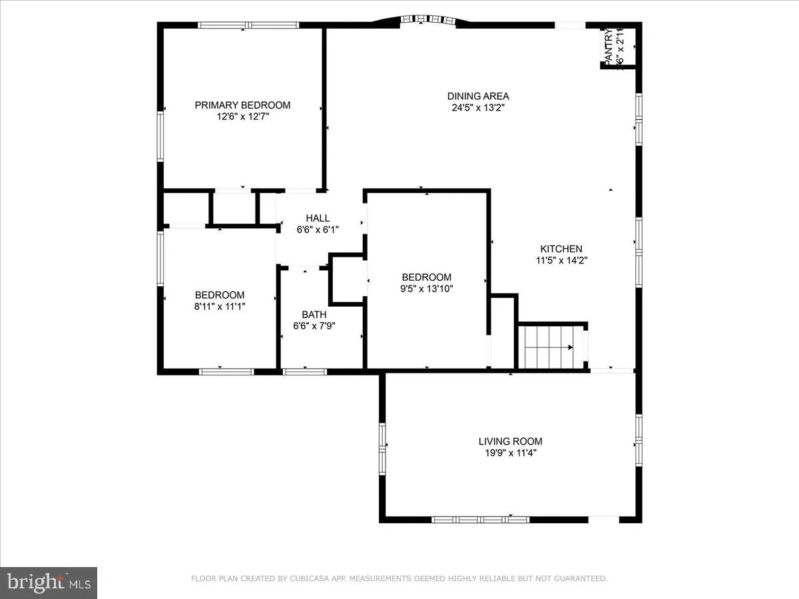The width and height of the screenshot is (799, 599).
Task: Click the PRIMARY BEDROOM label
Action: [242, 105]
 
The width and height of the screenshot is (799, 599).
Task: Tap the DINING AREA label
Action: [478, 96]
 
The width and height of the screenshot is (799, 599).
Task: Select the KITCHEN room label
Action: [561, 249]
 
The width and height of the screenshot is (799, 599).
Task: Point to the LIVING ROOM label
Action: [510, 441]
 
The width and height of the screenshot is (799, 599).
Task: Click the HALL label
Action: [318, 218]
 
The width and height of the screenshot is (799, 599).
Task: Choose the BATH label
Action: [314, 315]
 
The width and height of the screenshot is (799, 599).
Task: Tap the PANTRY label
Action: [608, 47]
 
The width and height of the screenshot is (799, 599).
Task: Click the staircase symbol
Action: [550, 347]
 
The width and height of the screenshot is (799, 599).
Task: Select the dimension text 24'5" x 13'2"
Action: [478, 108]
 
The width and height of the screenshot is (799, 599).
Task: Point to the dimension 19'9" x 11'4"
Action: [510, 453]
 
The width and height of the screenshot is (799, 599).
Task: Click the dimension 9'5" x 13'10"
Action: [426, 289]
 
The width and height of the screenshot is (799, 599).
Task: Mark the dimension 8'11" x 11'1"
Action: [219, 307]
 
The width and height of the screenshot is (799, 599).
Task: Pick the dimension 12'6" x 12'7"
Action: [242, 117]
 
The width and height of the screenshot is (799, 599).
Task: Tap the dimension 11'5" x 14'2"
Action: [561, 261]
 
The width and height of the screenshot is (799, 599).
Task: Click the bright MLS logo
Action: [49, 583]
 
